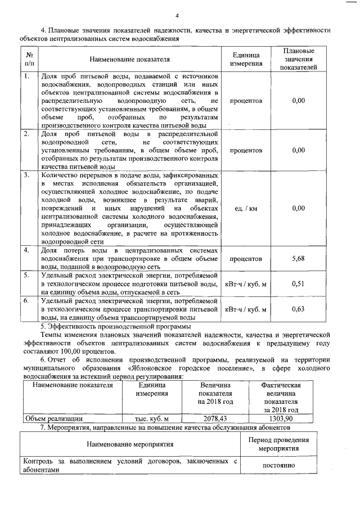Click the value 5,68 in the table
click(x=299, y=259)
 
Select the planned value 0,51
click(x=299, y=284)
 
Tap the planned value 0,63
click(x=299, y=309)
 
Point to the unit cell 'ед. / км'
click(x=245, y=209)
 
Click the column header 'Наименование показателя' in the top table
click(x=129, y=58)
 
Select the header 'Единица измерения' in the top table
click(x=246, y=59)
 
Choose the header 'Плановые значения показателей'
click(x=299, y=59)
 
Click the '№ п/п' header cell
click(x=29, y=59)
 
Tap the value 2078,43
click(x=215, y=418)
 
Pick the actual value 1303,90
click(x=280, y=418)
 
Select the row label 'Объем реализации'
click(x=54, y=418)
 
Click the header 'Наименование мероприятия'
click(x=130, y=444)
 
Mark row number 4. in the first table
click(x=26, y=250)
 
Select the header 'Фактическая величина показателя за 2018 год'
click(x=280, y=397)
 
